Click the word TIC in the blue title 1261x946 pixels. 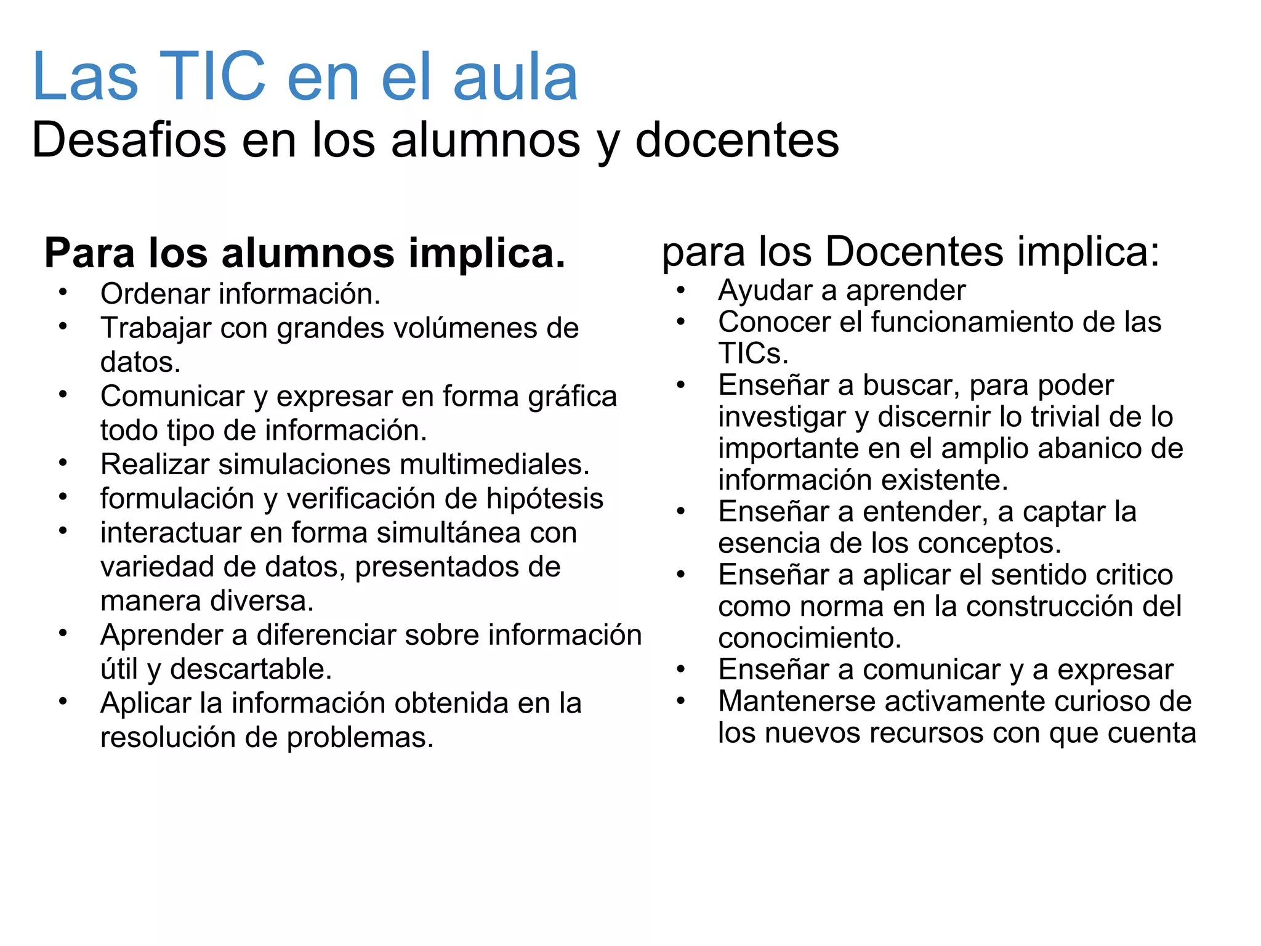[x=212, y=76]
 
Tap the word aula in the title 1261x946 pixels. [x=515, y=76]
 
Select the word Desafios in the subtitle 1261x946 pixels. [x=129, y=140]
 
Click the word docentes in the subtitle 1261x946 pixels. [x=736, y=140]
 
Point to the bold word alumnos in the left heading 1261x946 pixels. [x=308, y=253]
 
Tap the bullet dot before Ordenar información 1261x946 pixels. [x=63, y=292]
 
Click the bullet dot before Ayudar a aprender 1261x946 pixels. [x=680, y=289]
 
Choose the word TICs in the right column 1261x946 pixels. [x=752, y=354]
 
